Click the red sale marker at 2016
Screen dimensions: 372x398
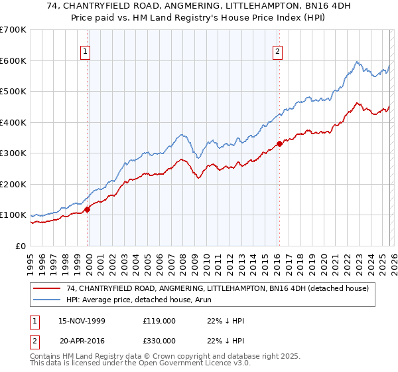click(279, 143)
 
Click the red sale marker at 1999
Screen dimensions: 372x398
click(88, 209)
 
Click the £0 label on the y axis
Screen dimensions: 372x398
click(20, 246)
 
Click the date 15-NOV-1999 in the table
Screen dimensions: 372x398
click(82, 321)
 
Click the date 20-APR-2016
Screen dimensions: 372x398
click(82, 340)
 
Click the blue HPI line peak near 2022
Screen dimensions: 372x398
click(357, 62)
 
